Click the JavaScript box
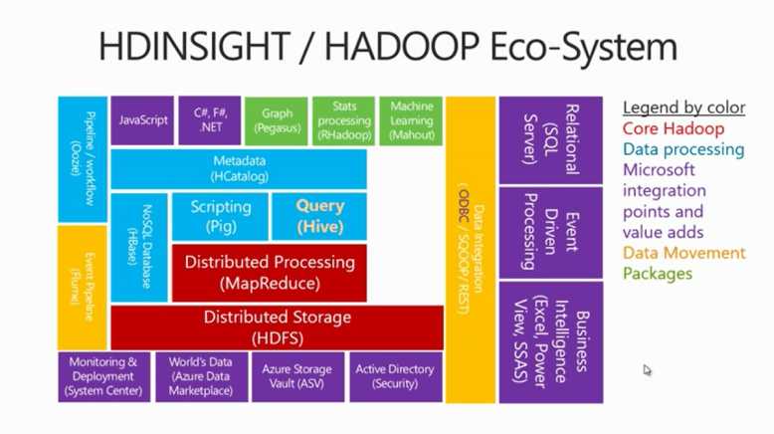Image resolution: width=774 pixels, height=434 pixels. tap(142, 120)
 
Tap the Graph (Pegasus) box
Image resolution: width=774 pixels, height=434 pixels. tap(276, 120)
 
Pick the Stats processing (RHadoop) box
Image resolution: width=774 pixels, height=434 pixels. tap(343, 120)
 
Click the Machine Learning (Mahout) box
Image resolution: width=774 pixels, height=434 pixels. tap(411, 120)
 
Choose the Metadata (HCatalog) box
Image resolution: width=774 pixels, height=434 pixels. tap(239, 168)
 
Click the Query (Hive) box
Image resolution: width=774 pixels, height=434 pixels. tap(319, 216)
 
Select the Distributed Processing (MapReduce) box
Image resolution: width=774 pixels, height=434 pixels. tap(269, 272)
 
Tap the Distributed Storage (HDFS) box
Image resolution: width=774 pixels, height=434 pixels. tap(277, 326)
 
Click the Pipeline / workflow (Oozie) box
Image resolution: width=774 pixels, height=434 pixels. tap(82, 159)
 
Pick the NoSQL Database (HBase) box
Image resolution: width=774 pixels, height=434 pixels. tap(138, 247)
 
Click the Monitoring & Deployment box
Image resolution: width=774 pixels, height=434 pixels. tap(103, 376)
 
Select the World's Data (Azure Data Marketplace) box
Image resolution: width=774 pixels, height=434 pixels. tap(200, 376)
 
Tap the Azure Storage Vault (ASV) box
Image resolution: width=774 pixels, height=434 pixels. tap(296, 376)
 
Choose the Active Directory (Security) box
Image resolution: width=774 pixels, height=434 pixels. tap(395, 376)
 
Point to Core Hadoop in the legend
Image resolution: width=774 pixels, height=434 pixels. tap(673, 128)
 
